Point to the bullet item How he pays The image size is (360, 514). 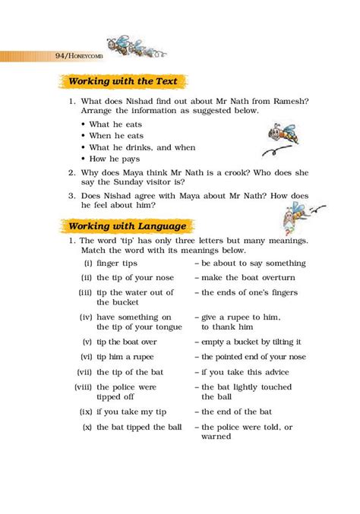115,159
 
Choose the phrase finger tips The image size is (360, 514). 115,263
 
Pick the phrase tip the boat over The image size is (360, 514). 128,342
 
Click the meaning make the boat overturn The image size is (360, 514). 249,277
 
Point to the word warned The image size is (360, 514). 216,437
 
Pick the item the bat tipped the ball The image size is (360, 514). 139,427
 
